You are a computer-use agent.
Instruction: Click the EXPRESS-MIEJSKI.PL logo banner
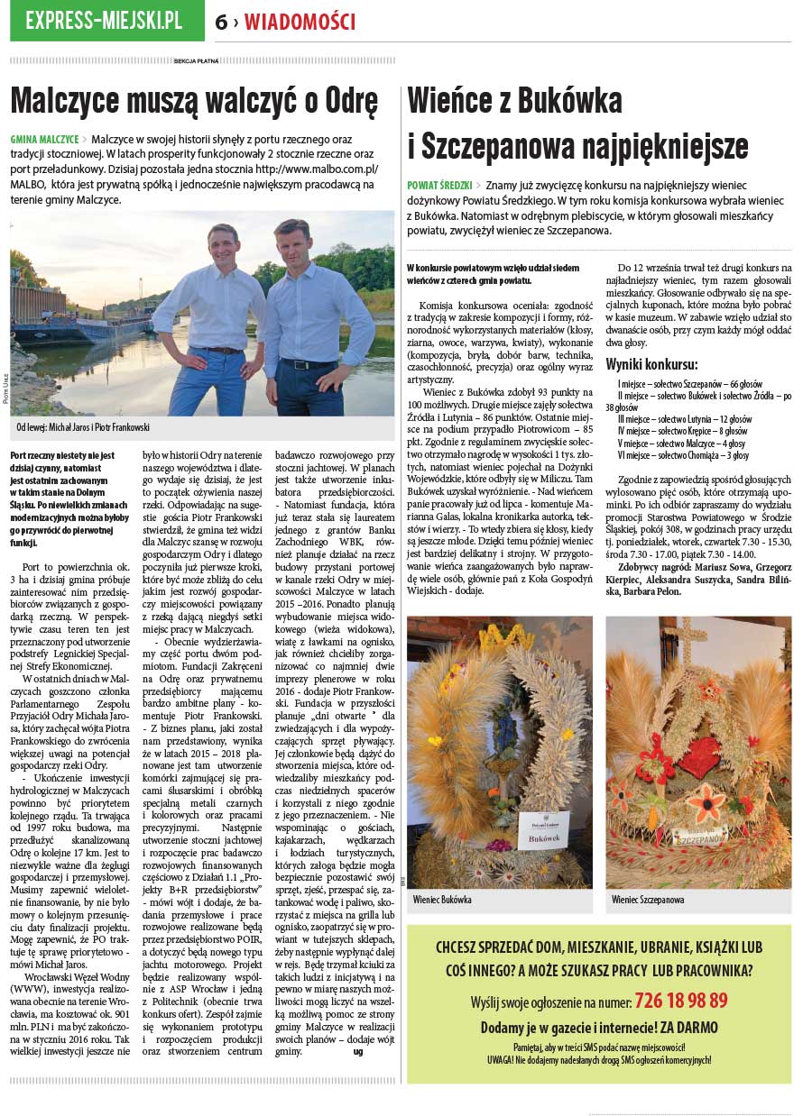(105, 20)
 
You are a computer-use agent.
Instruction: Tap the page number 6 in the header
(221, 23)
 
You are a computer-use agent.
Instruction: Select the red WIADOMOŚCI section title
(300, 23)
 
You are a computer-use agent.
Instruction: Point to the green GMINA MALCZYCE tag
(44, 140)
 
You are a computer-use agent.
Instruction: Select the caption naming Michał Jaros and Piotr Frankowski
(83, 427)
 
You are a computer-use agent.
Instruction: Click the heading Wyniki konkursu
(651, 365)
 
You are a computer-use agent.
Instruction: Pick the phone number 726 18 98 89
(681, 1001)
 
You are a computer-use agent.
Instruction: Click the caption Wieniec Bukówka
(442, 900)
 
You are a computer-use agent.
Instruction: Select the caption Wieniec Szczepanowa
(648, 900)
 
